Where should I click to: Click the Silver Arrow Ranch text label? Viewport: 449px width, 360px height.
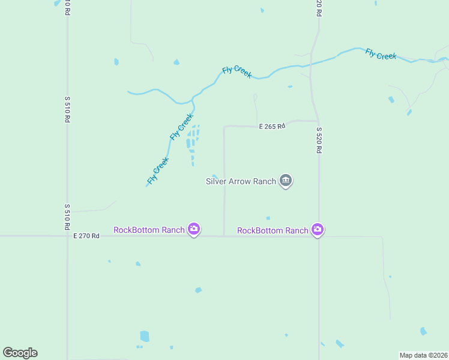[x=240, y=181]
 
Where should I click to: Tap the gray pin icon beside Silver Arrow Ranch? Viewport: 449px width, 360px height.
[x=286, y=181]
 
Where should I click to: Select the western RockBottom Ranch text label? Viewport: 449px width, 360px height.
[x=149, y=230]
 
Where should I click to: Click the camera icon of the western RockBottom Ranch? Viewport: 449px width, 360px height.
[x=193, y=229]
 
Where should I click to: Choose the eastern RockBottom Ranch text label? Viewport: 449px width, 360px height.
[x=273, y=230]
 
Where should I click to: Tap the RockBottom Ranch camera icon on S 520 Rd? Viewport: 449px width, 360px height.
[x=318, y=229]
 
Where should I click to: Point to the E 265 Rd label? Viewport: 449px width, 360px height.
[x=272, y=127]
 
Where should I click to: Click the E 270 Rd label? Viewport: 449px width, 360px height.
[x=86, y=236]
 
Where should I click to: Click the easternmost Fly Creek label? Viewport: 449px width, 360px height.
[x=381, y=54]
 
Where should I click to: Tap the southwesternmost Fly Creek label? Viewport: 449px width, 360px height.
[x=158, y=170]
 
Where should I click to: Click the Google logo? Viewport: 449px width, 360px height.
[x=20, y=353]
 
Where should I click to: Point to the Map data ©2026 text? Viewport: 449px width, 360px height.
[x=424, y=355]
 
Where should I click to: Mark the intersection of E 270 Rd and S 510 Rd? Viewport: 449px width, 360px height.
[x=68, y=236]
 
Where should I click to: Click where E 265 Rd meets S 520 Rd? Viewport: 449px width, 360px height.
[x=317, y=121]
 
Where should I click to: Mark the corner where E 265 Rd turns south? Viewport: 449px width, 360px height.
[x=224, y=127]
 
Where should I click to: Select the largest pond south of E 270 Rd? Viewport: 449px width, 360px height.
[x=144, y=337]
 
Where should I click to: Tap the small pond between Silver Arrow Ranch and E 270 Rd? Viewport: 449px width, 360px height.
[x=268, y=218]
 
